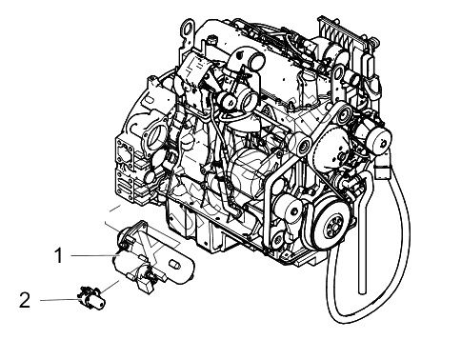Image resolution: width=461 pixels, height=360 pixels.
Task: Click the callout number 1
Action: coord(59,256)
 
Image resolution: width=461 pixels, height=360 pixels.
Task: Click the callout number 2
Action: coord(25,300)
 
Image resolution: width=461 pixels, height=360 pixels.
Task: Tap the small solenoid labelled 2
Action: coord(91,297)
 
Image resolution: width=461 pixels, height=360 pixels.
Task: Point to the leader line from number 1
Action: coord(94,255)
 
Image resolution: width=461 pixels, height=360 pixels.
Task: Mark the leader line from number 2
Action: coord(59,300)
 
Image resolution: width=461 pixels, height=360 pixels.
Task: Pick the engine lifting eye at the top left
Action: coord(188,30)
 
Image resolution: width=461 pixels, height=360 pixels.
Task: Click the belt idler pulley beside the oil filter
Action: coord(288,210)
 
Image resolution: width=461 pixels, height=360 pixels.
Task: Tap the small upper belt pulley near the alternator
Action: coord(344,115)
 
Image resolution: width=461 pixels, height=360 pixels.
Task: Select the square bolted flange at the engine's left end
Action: coord(125,154)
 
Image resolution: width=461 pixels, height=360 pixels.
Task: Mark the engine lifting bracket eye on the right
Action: coord(338,76)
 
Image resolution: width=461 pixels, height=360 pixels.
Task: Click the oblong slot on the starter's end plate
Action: coord(175,265)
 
